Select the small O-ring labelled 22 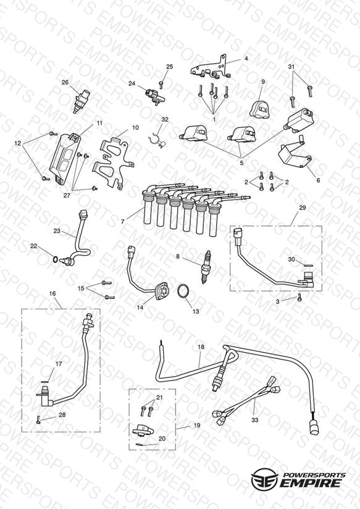[56, 259]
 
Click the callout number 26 [65, 82]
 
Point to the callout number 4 [246, 59]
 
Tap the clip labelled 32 [157, 141]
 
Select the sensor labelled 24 [154, 95]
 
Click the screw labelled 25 [161, 85]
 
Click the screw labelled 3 [299, 297]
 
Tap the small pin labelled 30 [308, 265]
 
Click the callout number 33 [255, 419]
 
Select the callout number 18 [201, 347]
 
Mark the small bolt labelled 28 [38, 419]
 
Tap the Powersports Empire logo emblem [264, 479]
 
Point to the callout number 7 [122, 222]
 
